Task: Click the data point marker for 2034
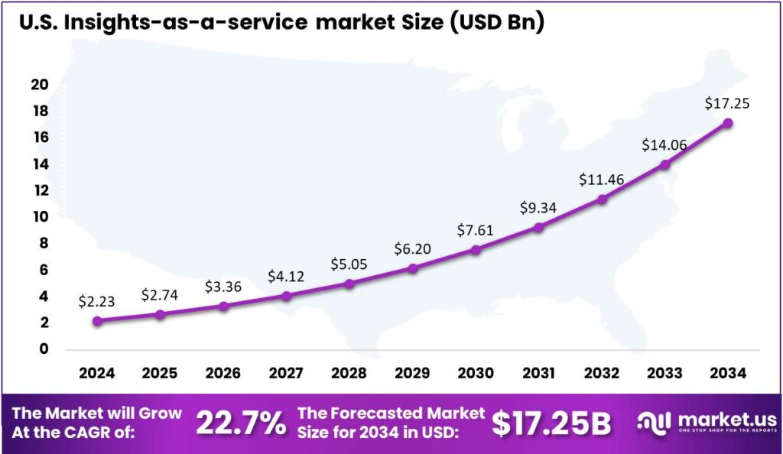[x=728, y=123]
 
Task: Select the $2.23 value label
[x=96, y=302]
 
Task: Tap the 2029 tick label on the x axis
[x=412, y=373]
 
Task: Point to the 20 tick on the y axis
[x=39, y=85]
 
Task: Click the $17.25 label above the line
[x=727, y=102]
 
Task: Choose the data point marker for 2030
[x=476, y=250]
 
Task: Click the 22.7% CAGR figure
[x=241, y=423]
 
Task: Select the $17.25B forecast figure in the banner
[x=551, y=423]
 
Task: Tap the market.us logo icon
[x=654, y=422]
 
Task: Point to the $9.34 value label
[x=539, y=207]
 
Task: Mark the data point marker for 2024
[x=97, y=321]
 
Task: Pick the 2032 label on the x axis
[x=602, y=373]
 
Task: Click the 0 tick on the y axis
[x=43, y=349]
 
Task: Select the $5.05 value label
[x=349, y=264]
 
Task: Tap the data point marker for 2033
[x=665, y=164]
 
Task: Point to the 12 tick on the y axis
[x=39, y=190]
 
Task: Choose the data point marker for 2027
[x=286, y=296]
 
